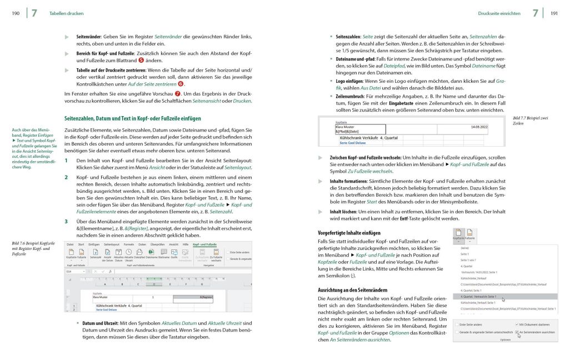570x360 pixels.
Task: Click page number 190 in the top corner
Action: (16, 13)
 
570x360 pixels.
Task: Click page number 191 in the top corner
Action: (554, 13)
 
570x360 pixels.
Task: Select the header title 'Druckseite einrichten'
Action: (499, 13)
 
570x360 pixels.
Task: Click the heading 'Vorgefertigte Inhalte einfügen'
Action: (349, 232)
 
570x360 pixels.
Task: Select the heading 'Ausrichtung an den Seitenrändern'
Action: (352, 290)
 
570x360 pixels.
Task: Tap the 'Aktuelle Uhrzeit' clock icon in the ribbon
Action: (129, 253)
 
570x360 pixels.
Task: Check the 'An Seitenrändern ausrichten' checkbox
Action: (517, 332)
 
